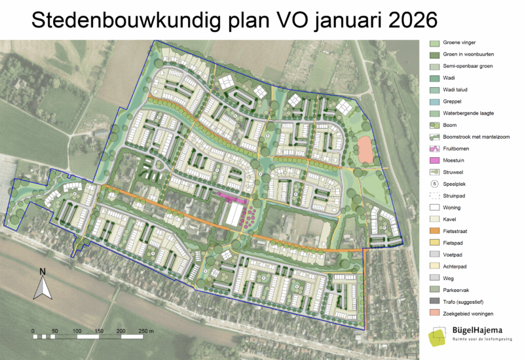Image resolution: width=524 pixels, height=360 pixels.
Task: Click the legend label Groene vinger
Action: click(x=459, y=43)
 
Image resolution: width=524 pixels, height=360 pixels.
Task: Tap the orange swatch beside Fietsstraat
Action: click(x=434, y=231)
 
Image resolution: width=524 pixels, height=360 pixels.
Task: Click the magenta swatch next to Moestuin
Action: click(x=434, y=160)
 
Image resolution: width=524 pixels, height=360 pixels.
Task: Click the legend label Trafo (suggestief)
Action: click(x=463, y=302)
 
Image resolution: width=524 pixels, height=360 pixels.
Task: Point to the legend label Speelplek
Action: click(x=456, y=184)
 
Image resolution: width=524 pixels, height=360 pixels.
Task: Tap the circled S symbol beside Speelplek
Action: click(x=434, y=184)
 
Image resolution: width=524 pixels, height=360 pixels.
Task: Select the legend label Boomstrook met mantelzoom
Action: click(x=475, y=137)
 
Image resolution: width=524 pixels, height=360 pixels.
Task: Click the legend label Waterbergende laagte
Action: click(x=468, y=113)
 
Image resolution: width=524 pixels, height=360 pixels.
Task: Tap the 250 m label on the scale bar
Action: click(x=146, y=331)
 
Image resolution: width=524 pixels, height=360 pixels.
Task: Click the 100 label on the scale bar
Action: click(x=77, y=331)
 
